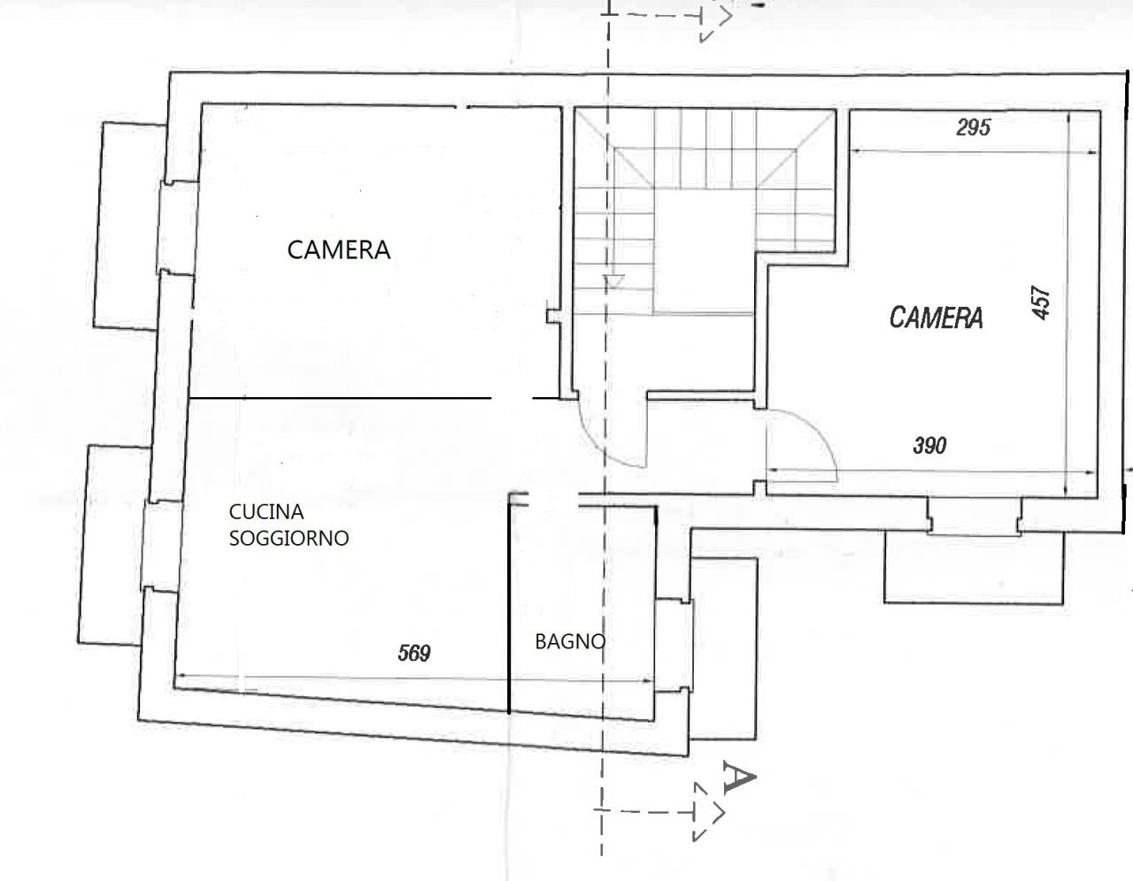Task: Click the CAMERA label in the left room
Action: point(338,249)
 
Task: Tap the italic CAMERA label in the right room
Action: point(936,318)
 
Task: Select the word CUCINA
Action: point(266,511)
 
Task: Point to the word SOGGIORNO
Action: point(289,538)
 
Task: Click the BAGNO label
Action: point(570,641)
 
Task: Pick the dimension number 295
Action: point(973,127)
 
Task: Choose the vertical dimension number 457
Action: point(1041,302)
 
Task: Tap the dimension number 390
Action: point(929,446)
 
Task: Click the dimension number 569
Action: point(413,654)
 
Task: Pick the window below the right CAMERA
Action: point(974,517)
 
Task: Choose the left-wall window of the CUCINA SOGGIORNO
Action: point(160,545)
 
